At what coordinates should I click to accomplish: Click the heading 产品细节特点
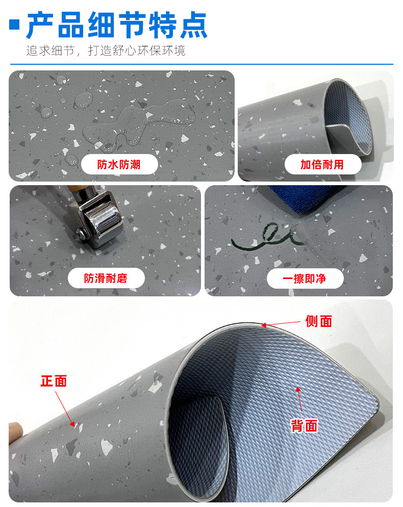[117, 25]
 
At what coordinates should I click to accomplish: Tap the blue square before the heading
[15, 24]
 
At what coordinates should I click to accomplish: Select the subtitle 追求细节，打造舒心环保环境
[106, 51]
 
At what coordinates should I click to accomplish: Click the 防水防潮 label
[119, 165]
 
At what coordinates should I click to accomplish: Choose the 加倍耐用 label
[322, 165]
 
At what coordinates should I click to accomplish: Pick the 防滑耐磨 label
[106, 278]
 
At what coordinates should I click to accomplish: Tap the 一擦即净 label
[305, 278]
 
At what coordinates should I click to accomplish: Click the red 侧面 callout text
[319, 321]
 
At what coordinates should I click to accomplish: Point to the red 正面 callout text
[54, 381]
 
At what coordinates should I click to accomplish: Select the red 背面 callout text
[305, 425]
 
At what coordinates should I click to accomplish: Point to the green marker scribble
[266, 238]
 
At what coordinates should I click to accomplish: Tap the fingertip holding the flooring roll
[15, 432]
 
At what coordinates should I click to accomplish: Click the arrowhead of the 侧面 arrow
[264, 325]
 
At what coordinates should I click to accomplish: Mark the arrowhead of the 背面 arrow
[298, 390]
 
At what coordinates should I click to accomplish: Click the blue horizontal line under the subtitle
[202, 64]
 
